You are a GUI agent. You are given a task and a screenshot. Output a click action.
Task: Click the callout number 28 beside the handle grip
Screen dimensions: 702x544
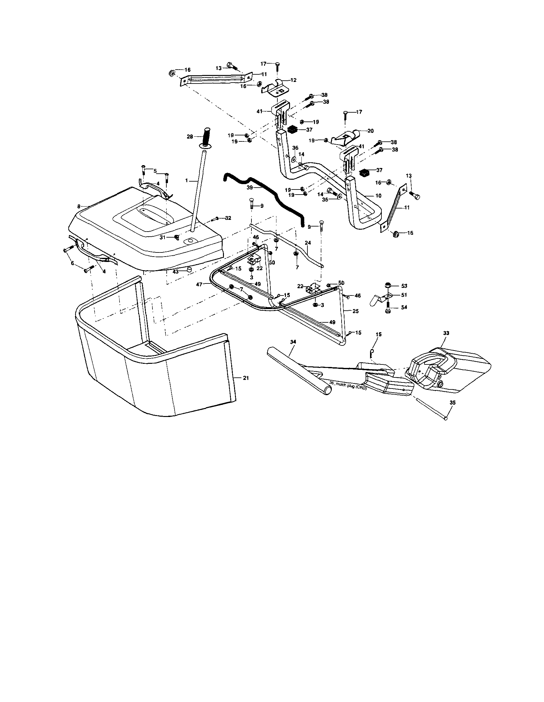(189, 137)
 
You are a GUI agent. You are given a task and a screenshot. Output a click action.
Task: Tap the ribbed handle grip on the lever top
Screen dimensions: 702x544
(206, 136)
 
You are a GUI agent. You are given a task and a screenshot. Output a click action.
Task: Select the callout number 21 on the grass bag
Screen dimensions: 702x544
(246, 378)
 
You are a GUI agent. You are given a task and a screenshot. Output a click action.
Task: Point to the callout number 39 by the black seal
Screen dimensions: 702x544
(250, 187)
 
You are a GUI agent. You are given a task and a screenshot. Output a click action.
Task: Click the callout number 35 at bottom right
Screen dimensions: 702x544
(453, 402)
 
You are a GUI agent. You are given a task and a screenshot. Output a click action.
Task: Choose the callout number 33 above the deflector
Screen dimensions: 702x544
(446, 333)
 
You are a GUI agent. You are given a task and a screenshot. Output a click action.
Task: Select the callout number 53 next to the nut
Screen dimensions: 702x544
(404, 286)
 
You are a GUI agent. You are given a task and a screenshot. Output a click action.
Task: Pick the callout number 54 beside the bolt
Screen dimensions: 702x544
(404, 307)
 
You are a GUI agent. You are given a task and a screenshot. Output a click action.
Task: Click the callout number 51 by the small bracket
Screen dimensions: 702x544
(404, 295)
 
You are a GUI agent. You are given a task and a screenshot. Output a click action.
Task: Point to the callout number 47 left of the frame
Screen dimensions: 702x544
(200, 284)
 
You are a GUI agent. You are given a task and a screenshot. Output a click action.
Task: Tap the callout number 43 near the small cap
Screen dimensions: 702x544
(176, 272)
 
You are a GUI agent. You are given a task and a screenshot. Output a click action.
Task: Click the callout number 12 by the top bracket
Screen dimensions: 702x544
(294, 80)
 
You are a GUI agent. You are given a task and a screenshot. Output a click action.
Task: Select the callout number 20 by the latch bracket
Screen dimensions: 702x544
(370, 131)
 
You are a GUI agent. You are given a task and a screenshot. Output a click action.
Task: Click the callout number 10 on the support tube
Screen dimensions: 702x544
(378, 196)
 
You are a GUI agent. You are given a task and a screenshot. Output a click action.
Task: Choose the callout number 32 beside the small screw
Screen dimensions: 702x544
(228, 218)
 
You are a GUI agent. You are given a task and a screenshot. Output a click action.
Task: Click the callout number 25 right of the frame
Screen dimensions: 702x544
(355, 311)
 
